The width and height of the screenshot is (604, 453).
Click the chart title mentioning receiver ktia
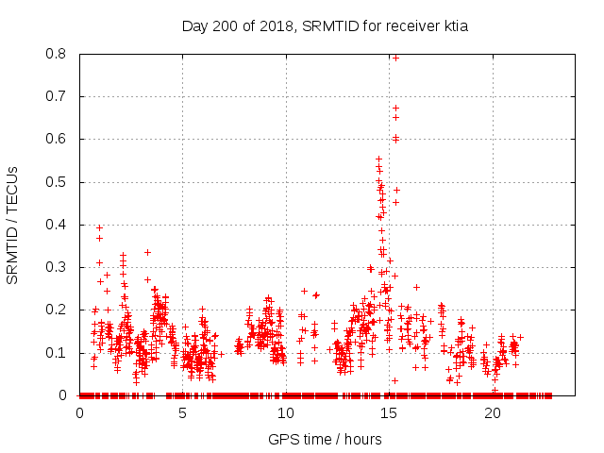(325, 26)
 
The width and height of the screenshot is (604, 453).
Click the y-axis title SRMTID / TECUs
(13, 225)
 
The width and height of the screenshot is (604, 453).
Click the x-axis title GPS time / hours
(325, 439)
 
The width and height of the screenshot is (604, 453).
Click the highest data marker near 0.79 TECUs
(395, 58)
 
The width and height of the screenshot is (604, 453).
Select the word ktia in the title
(452, 26)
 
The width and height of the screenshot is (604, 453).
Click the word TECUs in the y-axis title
(13, 187)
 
